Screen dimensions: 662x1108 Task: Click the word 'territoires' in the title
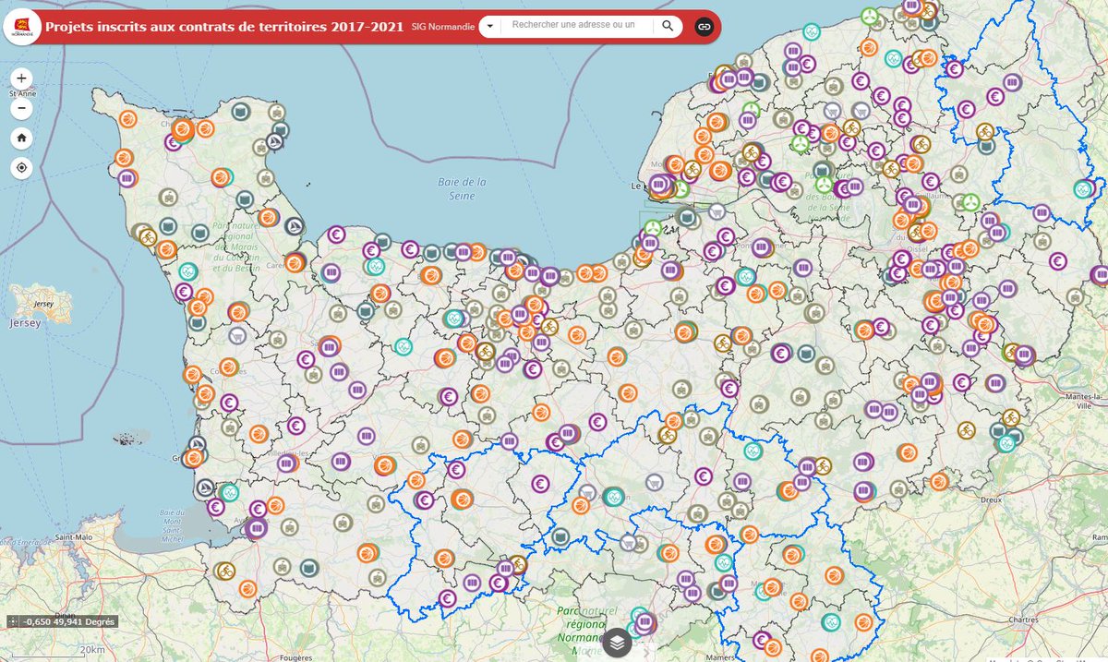(265, 27)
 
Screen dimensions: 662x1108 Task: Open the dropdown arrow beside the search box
(489, 26)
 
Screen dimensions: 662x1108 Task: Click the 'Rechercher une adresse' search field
(572, 26)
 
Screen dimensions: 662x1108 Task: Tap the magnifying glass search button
(668, 26)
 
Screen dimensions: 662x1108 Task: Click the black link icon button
(705, 26)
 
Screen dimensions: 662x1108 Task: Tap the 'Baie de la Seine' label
(458, 189)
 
